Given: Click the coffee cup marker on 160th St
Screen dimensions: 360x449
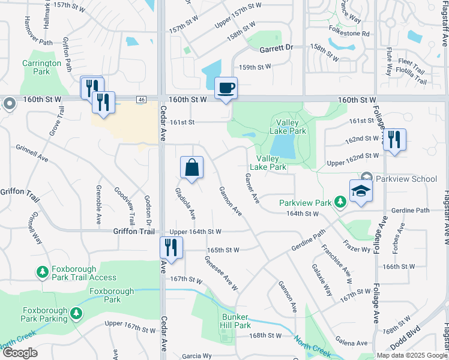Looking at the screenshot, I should coord(226,89).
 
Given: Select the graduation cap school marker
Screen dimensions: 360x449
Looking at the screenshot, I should coord(361,191).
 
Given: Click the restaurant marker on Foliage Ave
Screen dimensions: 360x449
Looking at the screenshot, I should coord(394,140).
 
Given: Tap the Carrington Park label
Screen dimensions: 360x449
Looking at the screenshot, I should coord(41,67).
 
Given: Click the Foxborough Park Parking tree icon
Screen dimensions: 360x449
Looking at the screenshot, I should coord(76,313).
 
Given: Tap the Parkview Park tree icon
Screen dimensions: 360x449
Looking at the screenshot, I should coord(340,203).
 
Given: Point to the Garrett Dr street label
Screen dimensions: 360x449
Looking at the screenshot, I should coord(276,47).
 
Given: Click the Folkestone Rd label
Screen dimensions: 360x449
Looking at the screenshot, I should coord(349,34).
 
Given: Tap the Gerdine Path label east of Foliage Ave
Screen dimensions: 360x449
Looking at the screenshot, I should coord(410,211).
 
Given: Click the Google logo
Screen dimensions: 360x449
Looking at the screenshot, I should coord(20,353).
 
